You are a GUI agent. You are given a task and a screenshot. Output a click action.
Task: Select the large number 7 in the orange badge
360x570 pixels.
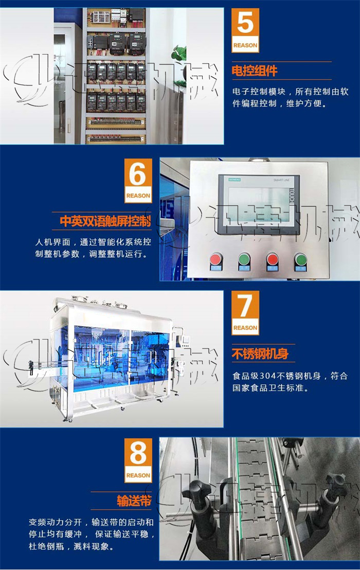245,307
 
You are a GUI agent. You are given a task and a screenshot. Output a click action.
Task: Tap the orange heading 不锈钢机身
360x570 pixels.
260,354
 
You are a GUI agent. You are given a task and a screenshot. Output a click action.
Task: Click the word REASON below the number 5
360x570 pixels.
245,46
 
